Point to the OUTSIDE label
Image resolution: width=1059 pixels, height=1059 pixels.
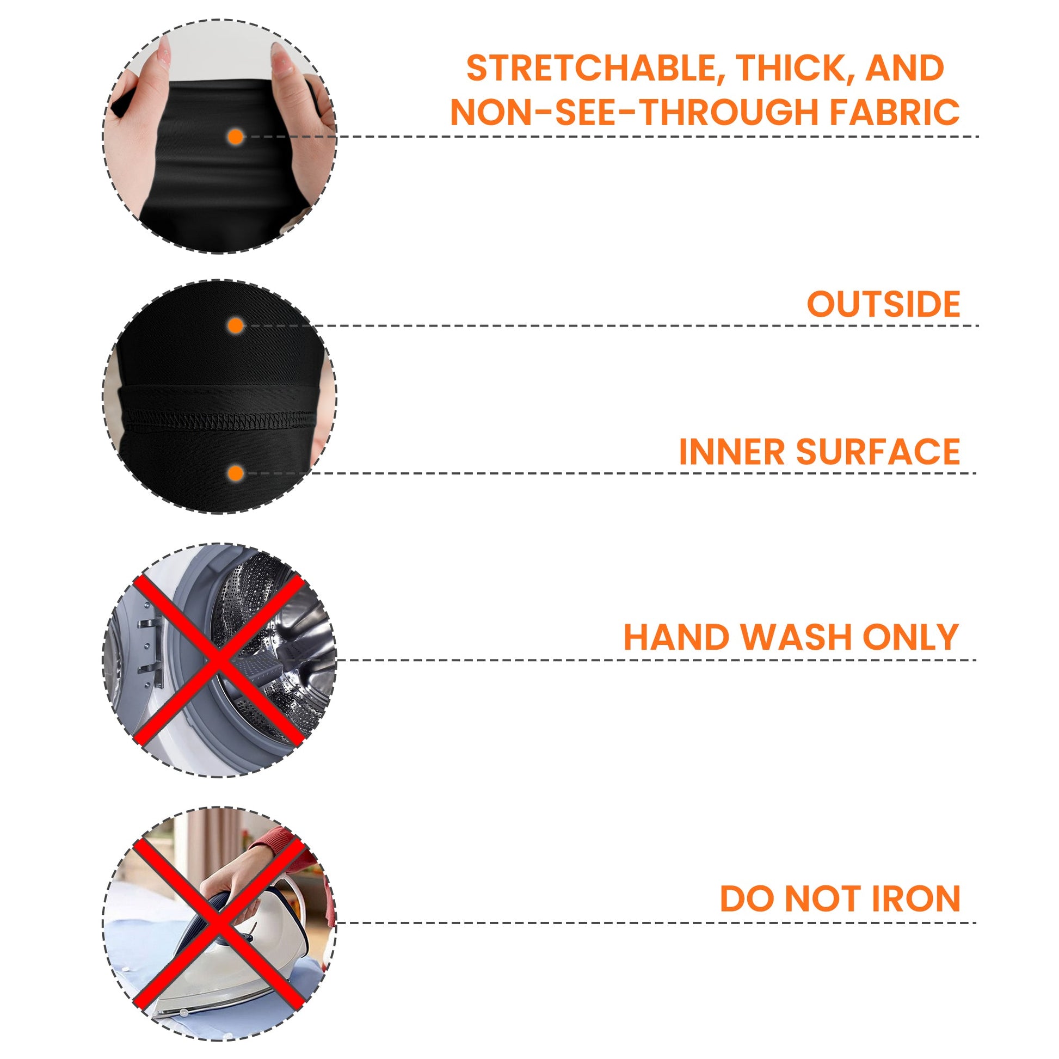(x=884, y=304)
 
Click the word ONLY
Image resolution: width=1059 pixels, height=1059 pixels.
(x=910, y=637)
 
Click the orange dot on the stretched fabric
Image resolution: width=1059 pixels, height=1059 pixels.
(x=236, y=137)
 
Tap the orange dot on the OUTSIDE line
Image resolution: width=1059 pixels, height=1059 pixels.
(x=236, y=326)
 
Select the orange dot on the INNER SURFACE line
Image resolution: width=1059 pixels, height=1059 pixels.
(x=236, y=473)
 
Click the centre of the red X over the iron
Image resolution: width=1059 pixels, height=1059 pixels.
(x=219, y=921)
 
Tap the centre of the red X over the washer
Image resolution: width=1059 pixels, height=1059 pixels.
(x=219, y=660)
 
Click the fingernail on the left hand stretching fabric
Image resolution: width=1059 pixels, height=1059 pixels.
(x=163, y=54)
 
